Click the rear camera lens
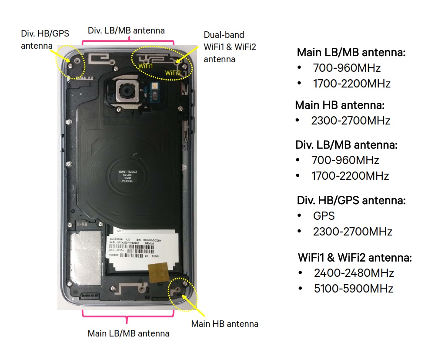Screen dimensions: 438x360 (x=127, y=92)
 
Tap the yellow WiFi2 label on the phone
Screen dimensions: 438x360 (x=172, y=73)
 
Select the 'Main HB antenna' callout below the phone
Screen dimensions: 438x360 (x=225, y=324)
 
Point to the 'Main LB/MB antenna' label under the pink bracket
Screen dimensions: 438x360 (x=128, y=334)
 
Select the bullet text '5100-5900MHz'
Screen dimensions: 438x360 (x=353, y=288)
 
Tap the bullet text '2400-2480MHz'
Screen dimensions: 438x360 (x=354, y=273)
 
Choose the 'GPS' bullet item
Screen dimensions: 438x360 (x=324, y=216)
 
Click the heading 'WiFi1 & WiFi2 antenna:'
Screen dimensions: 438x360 (x=354, y=257)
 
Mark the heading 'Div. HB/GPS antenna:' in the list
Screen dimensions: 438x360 (x=351, y=201)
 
